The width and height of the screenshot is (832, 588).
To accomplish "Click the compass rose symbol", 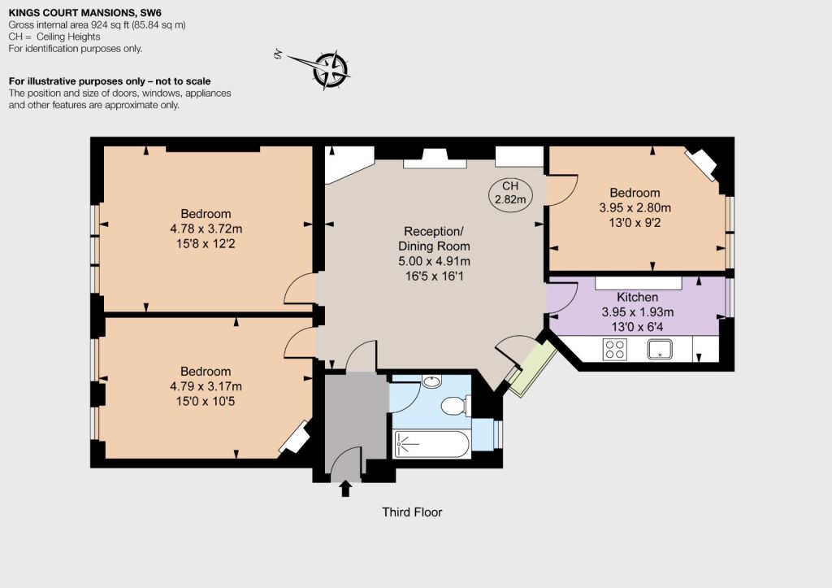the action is pos(330,70).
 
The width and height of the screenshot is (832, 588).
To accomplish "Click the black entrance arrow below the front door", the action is pos(345,488).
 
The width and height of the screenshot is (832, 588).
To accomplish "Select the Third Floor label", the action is pos(412,512).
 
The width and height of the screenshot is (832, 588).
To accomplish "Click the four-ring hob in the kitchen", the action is pos(615,350).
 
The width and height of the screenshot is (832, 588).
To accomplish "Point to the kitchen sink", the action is pos(660,350).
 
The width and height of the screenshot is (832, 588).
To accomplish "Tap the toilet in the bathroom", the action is pos(456,406).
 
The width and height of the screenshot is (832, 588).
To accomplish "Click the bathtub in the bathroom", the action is pos(431,443).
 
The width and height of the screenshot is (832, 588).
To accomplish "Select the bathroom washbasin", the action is pos(432,381).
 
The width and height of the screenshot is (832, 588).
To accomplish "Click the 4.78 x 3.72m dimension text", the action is pos(206,229).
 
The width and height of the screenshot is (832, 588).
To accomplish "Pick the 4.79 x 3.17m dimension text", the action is pos(206,386).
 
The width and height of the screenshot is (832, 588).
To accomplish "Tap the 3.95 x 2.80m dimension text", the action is pos(635,207).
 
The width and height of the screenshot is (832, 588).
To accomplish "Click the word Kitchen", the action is pos(637,297).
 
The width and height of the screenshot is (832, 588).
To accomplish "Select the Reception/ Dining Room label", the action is pos(434,238).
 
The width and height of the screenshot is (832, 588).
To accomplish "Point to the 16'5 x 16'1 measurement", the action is pos(434,277).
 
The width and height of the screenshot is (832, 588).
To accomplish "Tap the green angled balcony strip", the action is pos(532,368).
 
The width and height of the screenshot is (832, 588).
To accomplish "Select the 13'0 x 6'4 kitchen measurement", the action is pos(637,327).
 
